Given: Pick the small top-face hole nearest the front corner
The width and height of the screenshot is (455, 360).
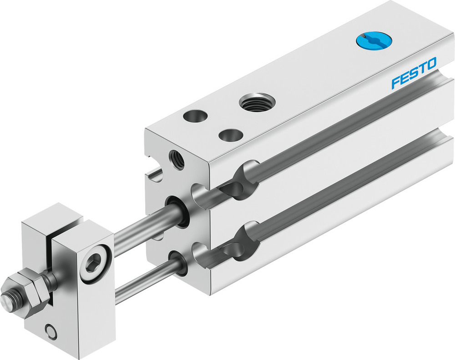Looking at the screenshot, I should point(230,135).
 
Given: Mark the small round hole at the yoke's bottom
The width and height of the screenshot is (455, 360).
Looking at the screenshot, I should point(52,333).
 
